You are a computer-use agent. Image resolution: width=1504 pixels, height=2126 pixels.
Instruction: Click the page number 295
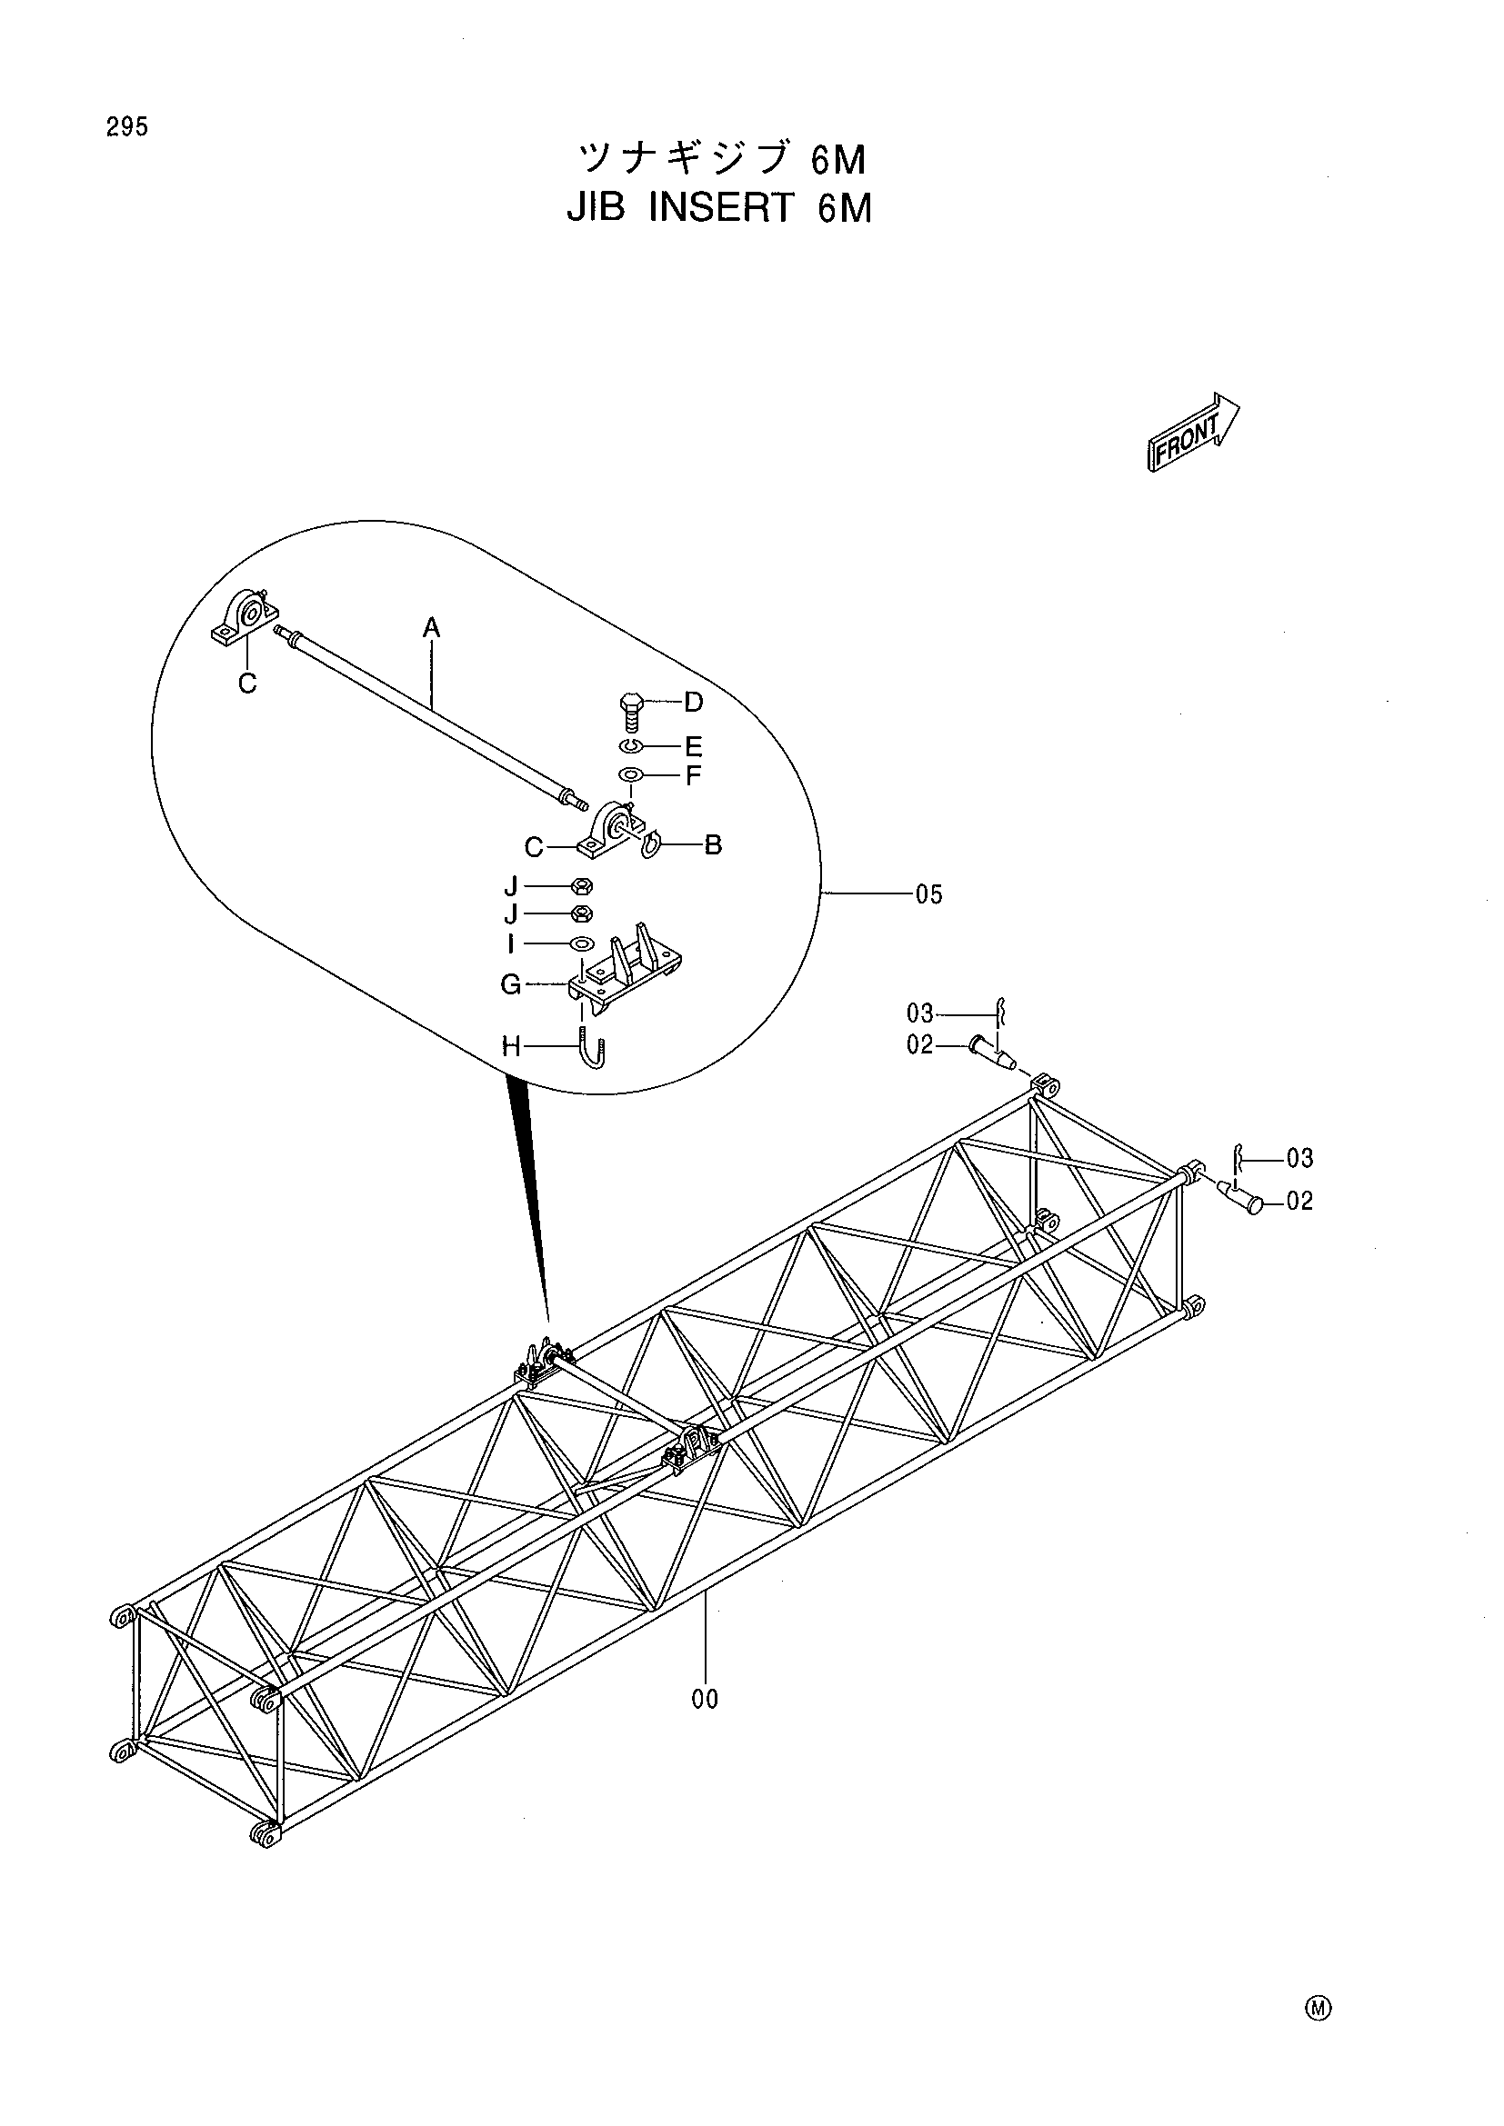coord(127,128)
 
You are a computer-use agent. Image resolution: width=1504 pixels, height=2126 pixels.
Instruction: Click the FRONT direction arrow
coord(1193,433)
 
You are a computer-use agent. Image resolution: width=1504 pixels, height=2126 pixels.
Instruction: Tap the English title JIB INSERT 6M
coord(718,208)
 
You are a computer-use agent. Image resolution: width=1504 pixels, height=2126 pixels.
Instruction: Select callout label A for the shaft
coord(432,629)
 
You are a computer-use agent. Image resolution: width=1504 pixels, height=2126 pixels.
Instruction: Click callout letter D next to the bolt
coord(694,702)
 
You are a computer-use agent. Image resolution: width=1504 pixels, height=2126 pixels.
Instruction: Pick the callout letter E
coord(694,746)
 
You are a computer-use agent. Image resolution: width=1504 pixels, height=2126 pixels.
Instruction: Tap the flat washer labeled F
coord(631,775)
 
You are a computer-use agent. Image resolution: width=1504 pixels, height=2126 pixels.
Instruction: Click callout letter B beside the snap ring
coord(713,844)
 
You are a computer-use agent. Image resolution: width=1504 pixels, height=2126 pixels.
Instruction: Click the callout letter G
coord(511,984)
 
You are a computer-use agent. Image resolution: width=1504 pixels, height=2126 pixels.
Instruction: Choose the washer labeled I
coord(582,943)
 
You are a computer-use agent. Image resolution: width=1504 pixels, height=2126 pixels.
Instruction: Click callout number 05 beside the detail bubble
coord(929,894)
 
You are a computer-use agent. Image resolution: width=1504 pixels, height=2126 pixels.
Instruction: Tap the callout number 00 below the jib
coord(705,1699)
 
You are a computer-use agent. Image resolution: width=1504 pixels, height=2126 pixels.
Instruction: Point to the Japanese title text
coord(721,160)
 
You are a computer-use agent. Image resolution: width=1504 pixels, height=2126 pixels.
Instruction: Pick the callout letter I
coord(510,943)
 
